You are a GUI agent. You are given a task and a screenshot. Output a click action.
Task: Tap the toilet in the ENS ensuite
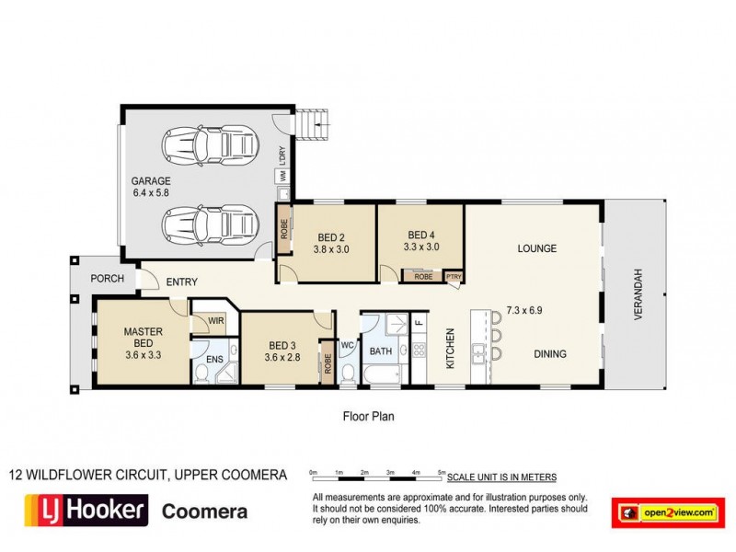pyautogui.click(x=201, y=374)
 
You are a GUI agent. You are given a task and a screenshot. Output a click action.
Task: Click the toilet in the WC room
pyautogui.click(x=347, y=373)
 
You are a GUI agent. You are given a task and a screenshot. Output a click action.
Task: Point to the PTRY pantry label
pyautogui.click(x=454, y=276)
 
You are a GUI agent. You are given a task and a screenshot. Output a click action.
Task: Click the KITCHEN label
pyautogui.click(x=451, y=349)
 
